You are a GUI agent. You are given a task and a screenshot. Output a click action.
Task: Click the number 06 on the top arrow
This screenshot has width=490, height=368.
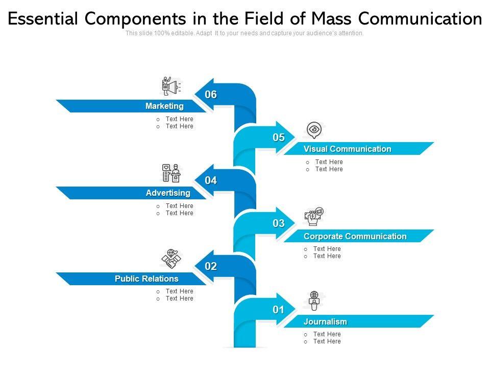211,95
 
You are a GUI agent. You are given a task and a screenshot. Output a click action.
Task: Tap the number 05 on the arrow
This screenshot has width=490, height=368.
278,137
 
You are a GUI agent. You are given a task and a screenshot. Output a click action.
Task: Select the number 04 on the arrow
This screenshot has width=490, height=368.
211,180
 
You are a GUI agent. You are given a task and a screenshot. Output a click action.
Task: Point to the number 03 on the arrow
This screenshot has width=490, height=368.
278,223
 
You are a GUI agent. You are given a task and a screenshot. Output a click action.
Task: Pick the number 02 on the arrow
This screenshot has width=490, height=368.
211,266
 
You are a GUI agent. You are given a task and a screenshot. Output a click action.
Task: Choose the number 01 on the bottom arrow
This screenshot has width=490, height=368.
278,309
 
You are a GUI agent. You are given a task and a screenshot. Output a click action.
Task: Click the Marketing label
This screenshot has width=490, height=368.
164,106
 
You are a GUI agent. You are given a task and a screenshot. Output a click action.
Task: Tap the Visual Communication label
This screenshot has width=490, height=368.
347,149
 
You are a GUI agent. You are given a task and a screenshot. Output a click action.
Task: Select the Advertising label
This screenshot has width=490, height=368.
168,193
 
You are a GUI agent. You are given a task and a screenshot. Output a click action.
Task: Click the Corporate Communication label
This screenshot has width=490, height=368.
355,237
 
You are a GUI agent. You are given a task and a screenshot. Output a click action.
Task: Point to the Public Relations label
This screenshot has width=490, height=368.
146,279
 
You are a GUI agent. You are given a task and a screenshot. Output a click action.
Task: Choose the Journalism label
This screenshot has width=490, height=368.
325,322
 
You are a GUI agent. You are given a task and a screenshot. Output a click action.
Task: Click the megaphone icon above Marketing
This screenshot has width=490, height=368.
171,86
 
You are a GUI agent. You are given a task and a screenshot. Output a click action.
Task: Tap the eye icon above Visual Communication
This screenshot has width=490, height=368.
314,130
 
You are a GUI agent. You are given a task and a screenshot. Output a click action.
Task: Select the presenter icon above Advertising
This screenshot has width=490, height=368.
171,173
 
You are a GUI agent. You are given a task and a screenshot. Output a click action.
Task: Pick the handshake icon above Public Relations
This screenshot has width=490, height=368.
171,259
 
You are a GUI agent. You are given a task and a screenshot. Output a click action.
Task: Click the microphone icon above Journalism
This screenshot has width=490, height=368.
314,301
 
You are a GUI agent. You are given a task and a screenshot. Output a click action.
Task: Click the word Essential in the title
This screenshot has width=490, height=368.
43,19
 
